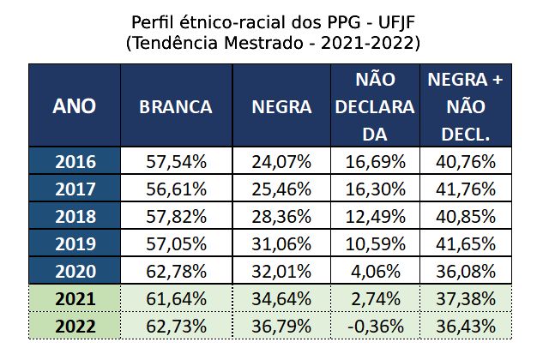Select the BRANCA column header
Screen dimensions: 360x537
(176, 106)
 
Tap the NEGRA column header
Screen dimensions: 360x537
(281, 106)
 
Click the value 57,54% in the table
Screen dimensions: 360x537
(176, 161)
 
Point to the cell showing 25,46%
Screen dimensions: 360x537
(281, 189)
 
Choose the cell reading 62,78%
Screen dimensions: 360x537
(176, 272)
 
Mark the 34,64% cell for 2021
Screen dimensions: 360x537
(281, 299)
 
